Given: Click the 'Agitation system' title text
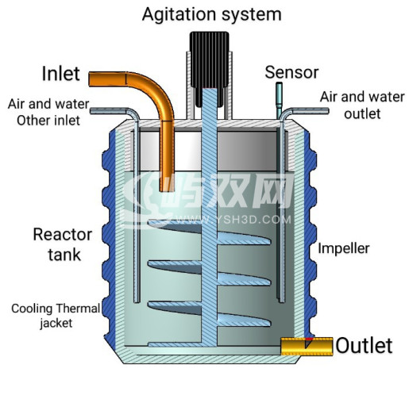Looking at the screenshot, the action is (x=212, y=14).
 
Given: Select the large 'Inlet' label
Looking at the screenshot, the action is (x=61, y=74).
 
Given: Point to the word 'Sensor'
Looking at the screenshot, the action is (x=291, y=72).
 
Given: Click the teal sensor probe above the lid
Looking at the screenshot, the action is (x=279, y=100).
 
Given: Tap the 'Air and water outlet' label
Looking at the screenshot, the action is (x=362, y=106).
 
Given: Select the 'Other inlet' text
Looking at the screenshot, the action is (x=48, y=121).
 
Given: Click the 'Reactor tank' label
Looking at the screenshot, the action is (x=63, y=244).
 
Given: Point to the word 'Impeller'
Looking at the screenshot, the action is (x=344, y=248).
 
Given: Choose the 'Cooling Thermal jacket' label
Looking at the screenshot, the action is (x=56, y=316).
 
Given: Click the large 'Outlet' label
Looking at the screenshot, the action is (x=364, y=346).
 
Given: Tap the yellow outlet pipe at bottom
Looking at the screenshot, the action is (x=307, y=347).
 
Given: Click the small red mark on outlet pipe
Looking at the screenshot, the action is (x=309, y=339).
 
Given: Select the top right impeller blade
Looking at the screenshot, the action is (x=244, y=239).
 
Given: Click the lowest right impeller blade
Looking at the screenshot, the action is (x=244, y=320).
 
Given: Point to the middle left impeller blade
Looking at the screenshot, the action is (x=175, y=267).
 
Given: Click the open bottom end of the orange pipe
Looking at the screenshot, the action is (x=167, y=190).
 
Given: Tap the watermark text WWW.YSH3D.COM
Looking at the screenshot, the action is (x=234, y=220).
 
